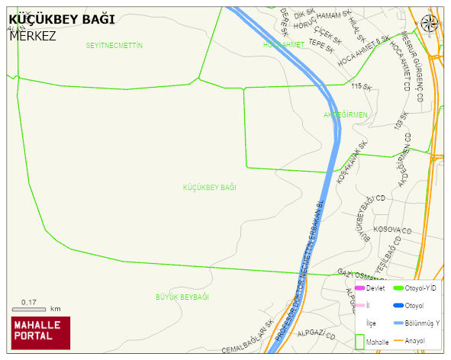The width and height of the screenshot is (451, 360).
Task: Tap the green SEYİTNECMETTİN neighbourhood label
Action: pos(114,46)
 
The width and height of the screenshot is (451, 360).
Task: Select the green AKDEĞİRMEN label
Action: pos(346,114)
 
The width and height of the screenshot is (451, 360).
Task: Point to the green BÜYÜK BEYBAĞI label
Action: pos(182,297)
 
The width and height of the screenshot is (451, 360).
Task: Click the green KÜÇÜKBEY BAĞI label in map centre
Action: pos(210,187)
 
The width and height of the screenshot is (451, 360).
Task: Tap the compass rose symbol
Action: pos(430,23)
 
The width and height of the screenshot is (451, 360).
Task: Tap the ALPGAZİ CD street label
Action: pos(316,334)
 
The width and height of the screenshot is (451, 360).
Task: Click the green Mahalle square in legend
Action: pos(359,342)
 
